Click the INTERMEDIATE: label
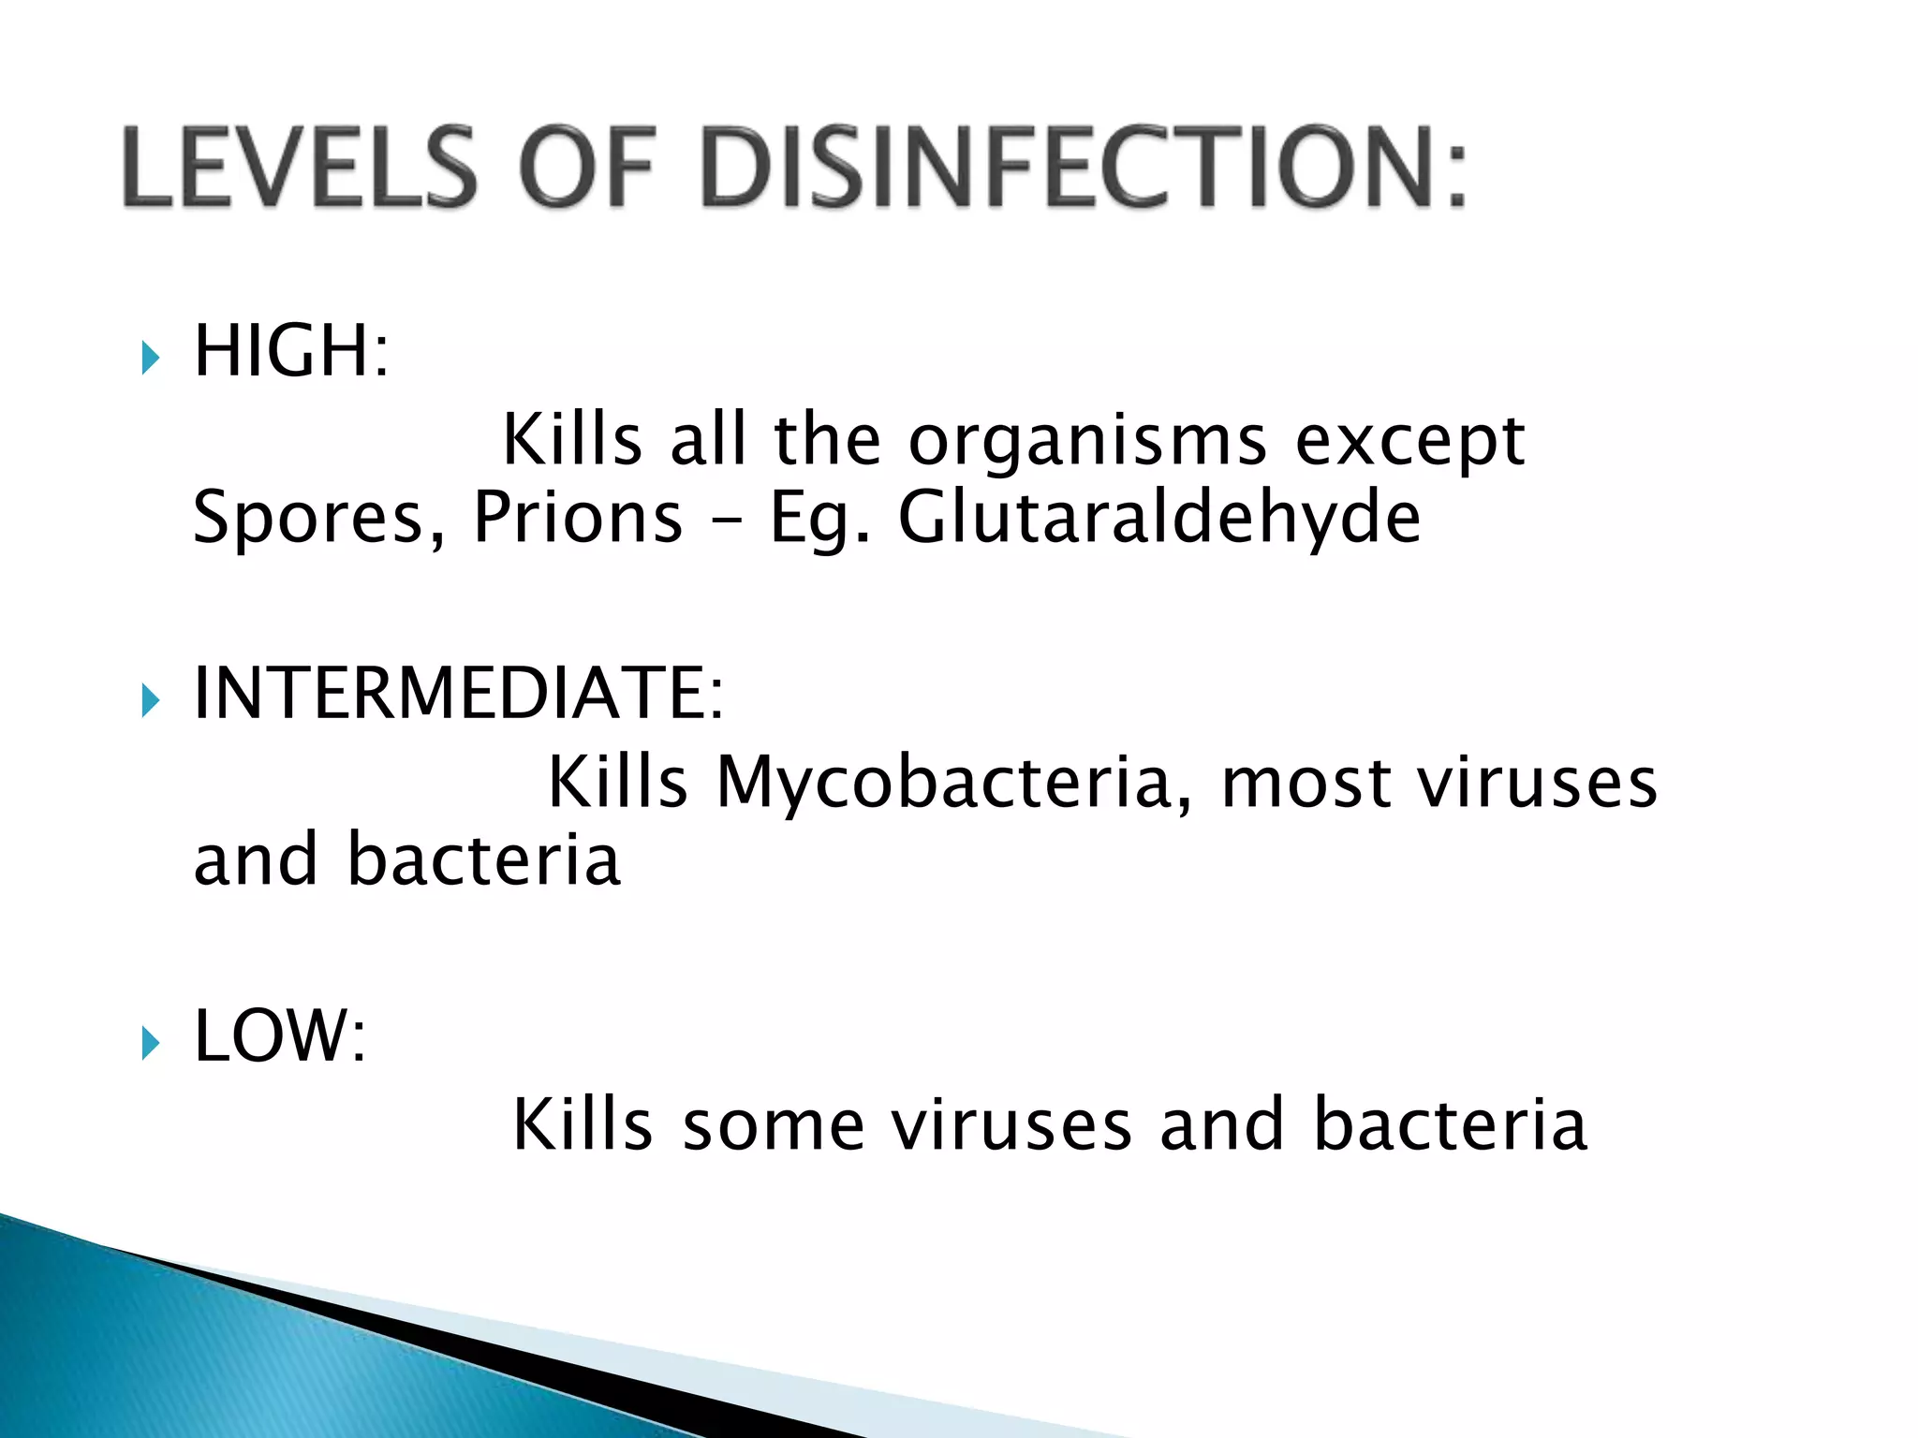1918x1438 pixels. tap(458, 694)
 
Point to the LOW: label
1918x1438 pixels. tap(279, 1036)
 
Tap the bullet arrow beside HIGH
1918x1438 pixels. tap(151, 357)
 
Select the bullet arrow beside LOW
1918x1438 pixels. tap(151, 1042)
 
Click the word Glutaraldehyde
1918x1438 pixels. tap(1159, 518)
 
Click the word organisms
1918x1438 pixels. tap(1087, 440)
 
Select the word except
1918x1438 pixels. tap(1410, 440)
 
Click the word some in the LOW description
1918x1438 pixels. tap(774, 1124)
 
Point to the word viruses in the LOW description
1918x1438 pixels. tap(1011, 1124)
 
